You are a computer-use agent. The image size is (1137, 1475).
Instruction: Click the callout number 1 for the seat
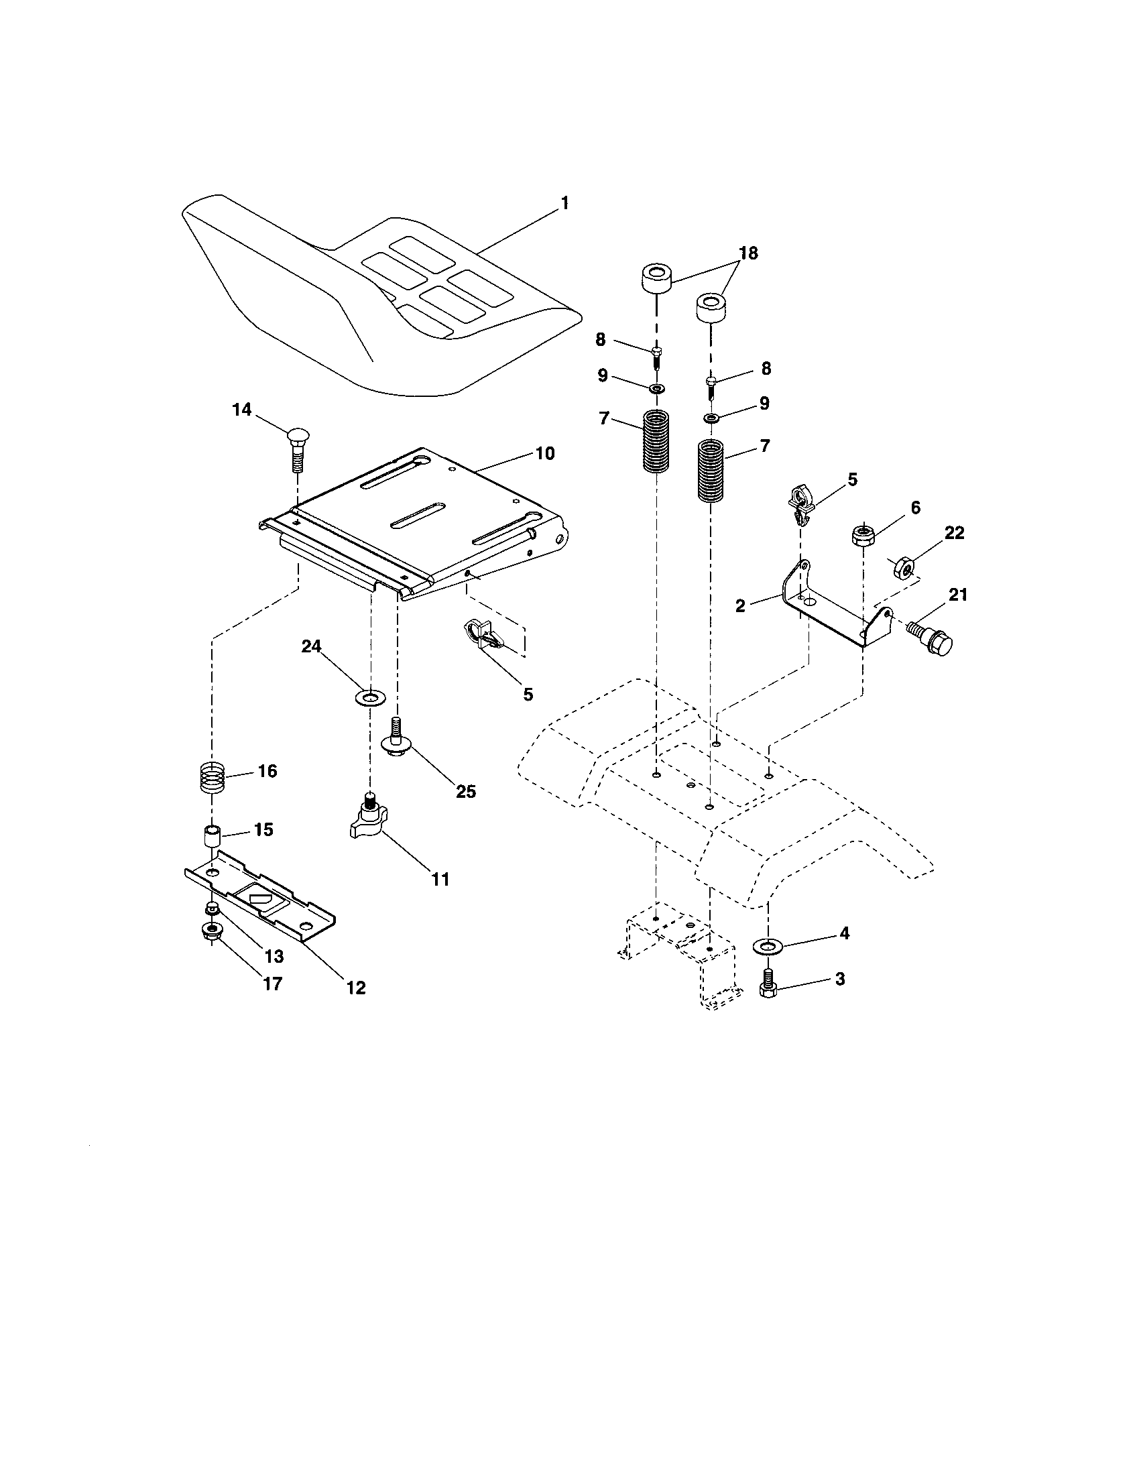point(564,202)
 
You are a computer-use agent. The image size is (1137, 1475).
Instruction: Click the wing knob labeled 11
point(367,821)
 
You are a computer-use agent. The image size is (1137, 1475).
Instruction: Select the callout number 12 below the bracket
point(356,988)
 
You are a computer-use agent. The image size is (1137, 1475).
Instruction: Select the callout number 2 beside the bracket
point(740,606)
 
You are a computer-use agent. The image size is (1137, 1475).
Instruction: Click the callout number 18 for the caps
point(748,253)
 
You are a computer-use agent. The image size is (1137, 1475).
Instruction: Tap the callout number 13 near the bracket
point(274,956)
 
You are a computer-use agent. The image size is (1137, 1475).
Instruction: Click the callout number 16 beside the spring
point(267,770)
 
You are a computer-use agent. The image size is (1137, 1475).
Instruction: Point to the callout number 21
point(957,594)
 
